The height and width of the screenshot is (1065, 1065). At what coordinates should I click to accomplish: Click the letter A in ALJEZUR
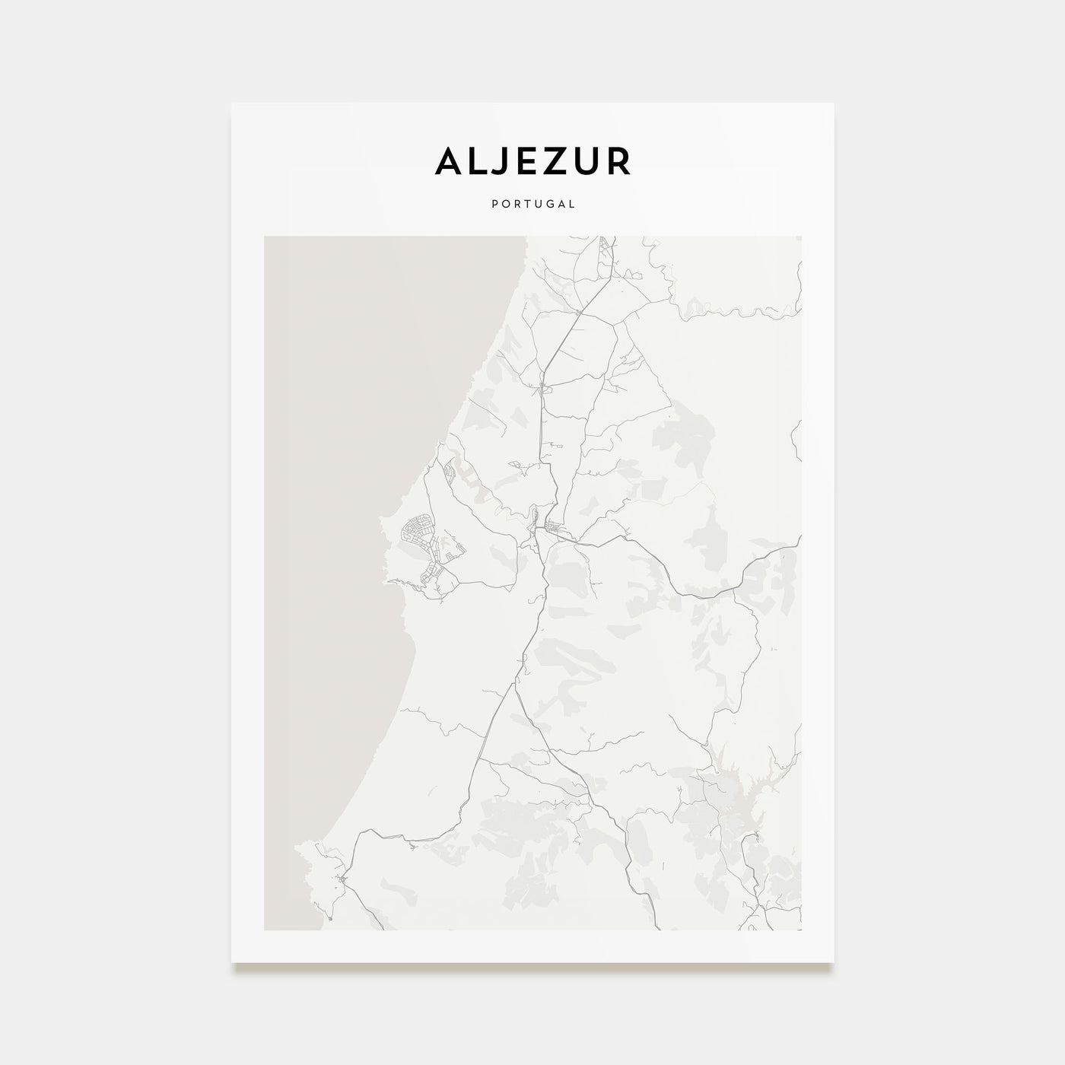449,161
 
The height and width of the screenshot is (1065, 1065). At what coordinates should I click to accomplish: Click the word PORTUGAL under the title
532,204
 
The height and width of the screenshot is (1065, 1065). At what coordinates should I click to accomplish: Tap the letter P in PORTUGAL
494,204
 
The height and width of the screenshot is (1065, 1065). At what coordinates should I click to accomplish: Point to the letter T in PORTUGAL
526,204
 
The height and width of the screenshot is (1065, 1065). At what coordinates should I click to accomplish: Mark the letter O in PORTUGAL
505,204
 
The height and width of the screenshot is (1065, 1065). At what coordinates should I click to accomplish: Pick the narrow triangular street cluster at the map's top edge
606,251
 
